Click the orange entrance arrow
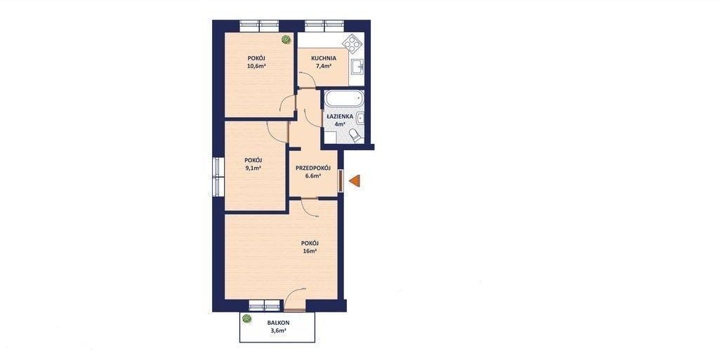355,181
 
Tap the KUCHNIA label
324,58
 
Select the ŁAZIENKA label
340,116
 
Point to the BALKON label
278,322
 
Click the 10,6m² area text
257,65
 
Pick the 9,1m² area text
253,168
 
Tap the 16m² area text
310,251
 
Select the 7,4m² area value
324,66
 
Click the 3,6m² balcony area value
278,331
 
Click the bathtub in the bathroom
344,99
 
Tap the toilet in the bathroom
355,135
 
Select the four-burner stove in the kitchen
352,44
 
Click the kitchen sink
357,67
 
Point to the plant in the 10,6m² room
286,39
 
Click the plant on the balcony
247,319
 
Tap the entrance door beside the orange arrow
341,181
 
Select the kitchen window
324,26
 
